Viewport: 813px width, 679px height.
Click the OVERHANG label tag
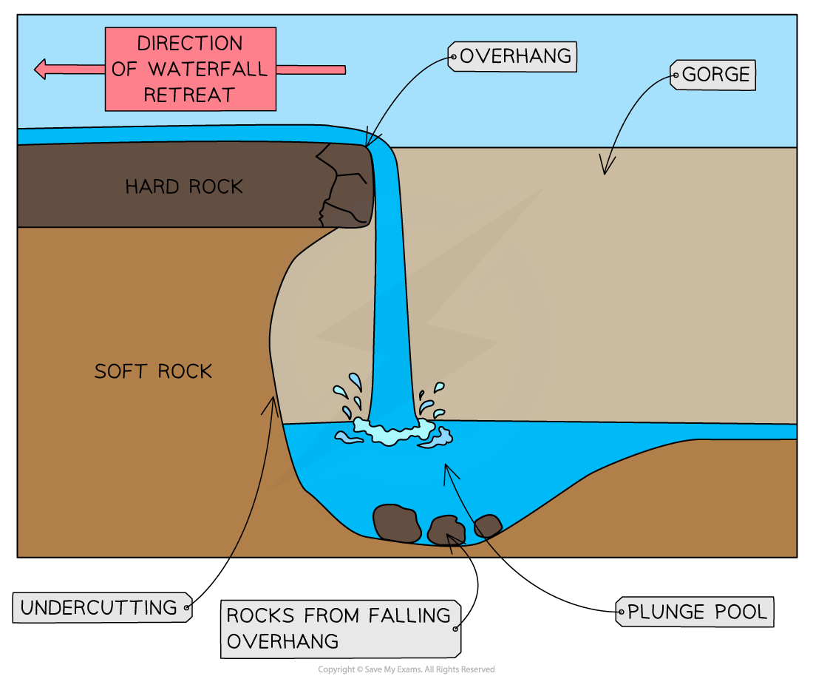point(512,56)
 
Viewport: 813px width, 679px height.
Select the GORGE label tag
point(714,75)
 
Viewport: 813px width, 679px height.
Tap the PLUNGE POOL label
point(695,612)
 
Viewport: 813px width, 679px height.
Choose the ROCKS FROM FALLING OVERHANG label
point(340,628)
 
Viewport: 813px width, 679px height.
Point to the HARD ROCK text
point(183,186)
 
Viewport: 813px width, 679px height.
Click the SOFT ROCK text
point(153,371)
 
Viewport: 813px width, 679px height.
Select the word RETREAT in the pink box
point(189,95)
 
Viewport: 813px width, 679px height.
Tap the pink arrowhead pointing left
point(42,70)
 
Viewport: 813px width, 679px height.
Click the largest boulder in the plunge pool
point(397,522)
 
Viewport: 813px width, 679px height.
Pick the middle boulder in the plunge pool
point(446,530)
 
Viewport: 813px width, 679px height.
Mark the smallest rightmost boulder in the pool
point(488,526)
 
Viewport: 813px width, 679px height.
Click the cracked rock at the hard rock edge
point(344,185)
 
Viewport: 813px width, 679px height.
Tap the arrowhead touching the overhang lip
point(369,141)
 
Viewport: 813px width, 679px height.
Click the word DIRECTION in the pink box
point(191,44)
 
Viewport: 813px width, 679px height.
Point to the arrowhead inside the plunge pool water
point(446,469)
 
